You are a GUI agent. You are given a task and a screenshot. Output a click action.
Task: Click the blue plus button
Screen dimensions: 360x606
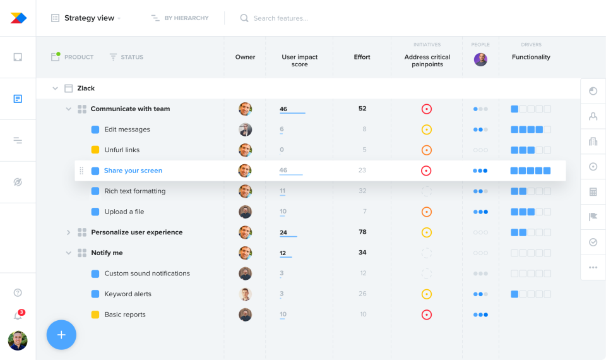pyautogui.click(x=61, y=335)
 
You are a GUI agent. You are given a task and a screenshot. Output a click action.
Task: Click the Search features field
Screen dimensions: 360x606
pyautogui.click(x=280, y=18)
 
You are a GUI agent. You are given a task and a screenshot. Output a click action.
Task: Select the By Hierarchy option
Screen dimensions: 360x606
pyautogui.click(x=181, y=18)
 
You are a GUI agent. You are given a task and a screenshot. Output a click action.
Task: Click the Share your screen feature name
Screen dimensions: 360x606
pyautogui.click(x=133, y=171)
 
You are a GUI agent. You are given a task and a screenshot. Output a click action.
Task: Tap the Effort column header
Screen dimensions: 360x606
pyautogui.click(x=362, y=57)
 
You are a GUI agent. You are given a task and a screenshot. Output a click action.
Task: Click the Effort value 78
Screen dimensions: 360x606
pyautogui.click(x=362, y=232)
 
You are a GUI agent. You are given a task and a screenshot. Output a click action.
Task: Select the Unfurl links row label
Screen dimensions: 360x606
pyautogui.click(x=122, y=150)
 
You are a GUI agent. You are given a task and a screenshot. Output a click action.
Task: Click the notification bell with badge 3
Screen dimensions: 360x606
pyautogui.click(x=18, y=316)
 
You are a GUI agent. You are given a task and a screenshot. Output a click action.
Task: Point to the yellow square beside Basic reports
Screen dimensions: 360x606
pyautogui.click(x=95, y=315)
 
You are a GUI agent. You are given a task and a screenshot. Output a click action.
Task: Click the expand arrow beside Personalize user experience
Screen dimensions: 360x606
pyautogui.click(x=69, y=232)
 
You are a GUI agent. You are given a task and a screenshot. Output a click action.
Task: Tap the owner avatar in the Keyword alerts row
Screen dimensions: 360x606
pyautogui.click(x=246, y=294)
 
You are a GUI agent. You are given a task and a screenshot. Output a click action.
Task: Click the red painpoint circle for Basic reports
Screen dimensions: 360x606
pyautogui.click(x=427, y=315)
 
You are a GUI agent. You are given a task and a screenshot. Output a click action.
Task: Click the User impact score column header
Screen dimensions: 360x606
pyautogui.click(x=300, y=61)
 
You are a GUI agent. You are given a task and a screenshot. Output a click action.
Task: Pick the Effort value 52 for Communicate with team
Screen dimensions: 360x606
pyautogui.click(x=362, y=109)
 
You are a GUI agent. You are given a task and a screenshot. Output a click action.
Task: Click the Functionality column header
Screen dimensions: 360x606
pyautogui.click(x=531, y=57)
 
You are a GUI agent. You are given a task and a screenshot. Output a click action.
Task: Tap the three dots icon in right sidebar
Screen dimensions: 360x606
pyautogui.click(x=593, y=267)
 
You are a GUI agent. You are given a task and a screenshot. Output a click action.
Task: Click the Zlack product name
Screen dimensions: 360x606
pyautogui.click(x=86, y=88)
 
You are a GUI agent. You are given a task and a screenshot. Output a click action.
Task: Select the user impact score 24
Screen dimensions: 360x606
pyautogui.click(x=283, y=232)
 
